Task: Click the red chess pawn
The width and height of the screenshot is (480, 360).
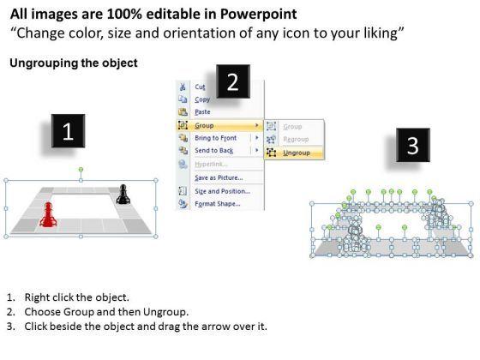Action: (48, 214)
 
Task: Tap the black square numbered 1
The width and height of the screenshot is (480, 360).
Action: (68, 131)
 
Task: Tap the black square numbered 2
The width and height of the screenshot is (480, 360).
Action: (233, 81)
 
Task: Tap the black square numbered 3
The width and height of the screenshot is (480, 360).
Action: (412, 145)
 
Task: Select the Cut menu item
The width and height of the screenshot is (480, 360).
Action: (200, 87)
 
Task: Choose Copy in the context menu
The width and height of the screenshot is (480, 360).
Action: (202, 99)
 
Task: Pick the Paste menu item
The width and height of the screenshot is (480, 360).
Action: (202, 112)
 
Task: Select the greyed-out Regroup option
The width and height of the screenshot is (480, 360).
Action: (296, 139)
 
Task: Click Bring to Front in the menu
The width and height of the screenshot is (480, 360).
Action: (215, 138)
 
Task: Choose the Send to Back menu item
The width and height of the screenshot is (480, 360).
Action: (214, 151)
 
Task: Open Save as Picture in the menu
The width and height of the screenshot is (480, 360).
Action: (219, 177)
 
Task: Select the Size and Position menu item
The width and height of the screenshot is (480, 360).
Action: (223, 191)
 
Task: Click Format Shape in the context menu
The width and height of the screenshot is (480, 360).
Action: (218, 204)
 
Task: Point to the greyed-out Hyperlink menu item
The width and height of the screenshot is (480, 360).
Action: (211, 165)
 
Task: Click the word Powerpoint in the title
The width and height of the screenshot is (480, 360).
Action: (258, 14)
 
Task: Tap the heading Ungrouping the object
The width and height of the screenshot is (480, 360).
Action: (74, 63)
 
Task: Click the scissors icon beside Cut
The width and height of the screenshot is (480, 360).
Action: (183, 87)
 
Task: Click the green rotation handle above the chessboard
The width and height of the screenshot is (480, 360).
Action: (81, 170)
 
